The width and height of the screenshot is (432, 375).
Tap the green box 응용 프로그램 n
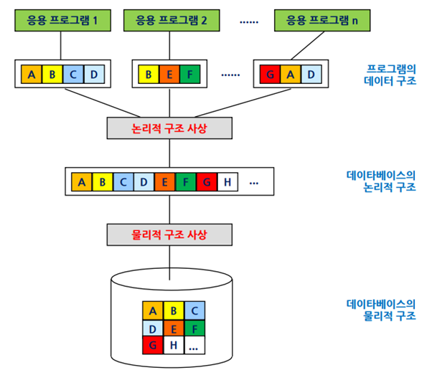(316, 20)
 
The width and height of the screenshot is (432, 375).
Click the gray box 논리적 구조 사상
(169, 127)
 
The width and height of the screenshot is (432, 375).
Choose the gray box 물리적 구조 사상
(169, 234)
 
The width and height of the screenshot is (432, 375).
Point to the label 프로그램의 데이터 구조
(390, 75)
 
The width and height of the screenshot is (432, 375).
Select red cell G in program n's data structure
(270, 74)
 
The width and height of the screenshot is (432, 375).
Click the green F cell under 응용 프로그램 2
(189, 74)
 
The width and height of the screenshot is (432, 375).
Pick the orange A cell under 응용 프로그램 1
(32, 74)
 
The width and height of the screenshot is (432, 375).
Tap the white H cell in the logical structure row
(227, 181)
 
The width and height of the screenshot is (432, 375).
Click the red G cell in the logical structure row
(206, 181)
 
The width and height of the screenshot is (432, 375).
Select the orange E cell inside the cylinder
(174, 328)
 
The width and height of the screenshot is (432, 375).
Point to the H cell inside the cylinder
(174, 346)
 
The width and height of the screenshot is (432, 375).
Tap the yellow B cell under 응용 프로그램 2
(149, 74)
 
